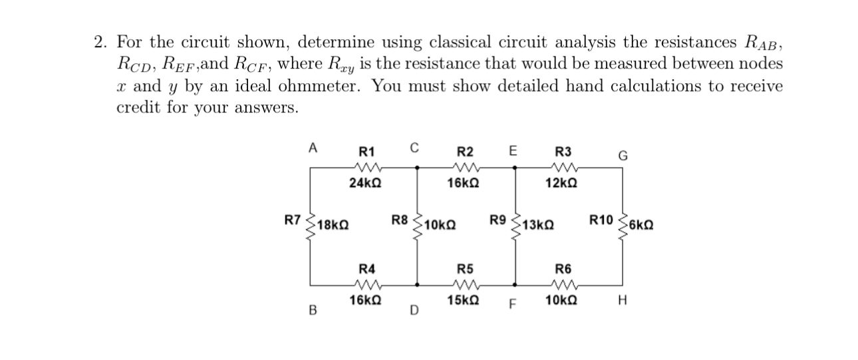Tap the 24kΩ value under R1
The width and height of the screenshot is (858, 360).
[366, 182]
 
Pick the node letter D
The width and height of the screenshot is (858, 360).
[414, 309]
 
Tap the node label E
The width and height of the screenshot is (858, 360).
[513, 150]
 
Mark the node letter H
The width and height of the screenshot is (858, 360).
[622, 301]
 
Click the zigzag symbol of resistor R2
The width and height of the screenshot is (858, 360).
[465, 167]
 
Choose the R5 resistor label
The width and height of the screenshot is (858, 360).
[465, 270]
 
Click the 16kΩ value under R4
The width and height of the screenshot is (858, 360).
[366, 300]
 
